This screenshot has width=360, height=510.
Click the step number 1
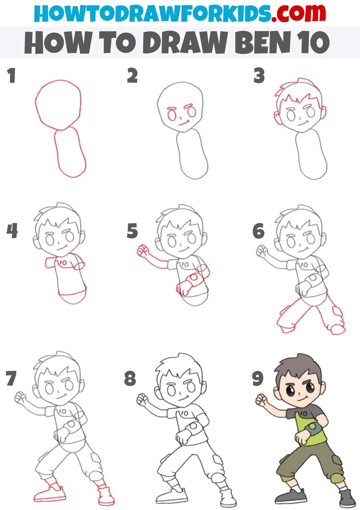click(12, 75)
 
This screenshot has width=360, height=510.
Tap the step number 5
click(132, 231)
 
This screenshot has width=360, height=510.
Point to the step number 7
click(11, 378)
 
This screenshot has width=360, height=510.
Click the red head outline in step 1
click(58, 105)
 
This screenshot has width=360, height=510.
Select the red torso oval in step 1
click(70, 152)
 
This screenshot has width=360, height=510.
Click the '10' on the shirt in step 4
click(63, 263)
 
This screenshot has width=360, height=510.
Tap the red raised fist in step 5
click(142, 251)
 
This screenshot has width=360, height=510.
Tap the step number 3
click(259, 75)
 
